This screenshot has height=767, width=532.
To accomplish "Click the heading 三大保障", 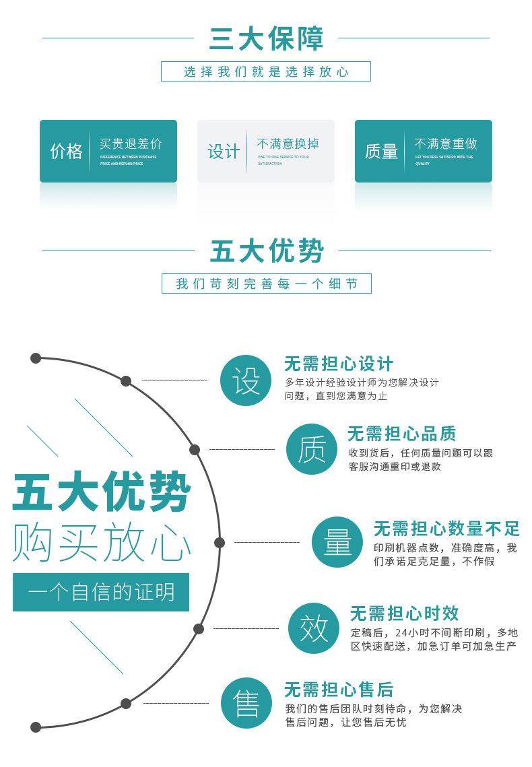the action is click(266, 38).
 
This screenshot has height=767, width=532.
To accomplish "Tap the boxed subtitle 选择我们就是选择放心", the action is click(266, 71).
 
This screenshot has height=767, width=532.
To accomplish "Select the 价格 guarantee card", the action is click(108, 151).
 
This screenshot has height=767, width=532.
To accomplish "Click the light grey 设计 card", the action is click(265, 151).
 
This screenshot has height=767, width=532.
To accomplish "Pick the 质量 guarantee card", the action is click(423, 151).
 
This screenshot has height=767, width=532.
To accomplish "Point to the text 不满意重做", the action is click(445, 143).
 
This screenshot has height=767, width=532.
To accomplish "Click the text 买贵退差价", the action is click(131, 143).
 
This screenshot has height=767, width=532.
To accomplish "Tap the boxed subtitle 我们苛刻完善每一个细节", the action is click(266, 284).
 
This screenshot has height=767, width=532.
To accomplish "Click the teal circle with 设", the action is click(246, 380).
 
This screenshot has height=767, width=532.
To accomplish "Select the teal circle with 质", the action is click(311, 449).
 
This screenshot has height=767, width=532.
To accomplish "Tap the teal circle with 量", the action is click(337, 542).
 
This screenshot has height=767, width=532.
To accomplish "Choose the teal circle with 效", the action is click(314, 628).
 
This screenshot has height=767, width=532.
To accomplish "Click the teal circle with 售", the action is click(246, 703).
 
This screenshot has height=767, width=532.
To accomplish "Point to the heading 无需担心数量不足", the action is click(446, 529).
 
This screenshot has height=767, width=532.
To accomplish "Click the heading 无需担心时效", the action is click(404, 613).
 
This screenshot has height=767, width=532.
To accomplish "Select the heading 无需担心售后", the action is click(338, 690).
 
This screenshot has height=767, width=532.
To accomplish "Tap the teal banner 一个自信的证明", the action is click(101, 592).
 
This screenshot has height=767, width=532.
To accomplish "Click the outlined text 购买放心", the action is click(101, 541).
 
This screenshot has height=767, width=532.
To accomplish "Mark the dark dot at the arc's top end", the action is click(36, 358).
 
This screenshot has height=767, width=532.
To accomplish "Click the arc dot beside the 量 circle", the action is click(220, 542).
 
